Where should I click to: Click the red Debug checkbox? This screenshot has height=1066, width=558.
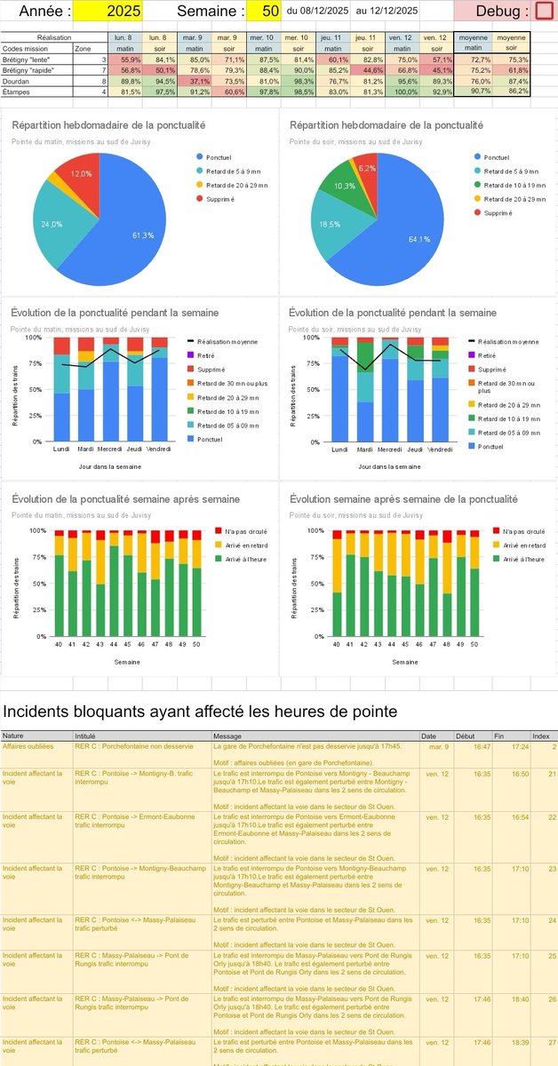pos(544,12)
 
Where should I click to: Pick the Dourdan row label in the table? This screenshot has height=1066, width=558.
pos(19,80)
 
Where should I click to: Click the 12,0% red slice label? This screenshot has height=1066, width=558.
pos(81,174)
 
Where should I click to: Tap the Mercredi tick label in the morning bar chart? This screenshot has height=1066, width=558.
pos(110,449)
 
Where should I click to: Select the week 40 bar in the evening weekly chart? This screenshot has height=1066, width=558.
pos(312,614)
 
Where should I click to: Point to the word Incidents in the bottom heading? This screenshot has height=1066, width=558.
pos(45,711)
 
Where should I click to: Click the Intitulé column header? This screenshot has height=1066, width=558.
pos(85,736)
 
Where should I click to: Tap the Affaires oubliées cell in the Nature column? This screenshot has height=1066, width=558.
pos(28,746)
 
